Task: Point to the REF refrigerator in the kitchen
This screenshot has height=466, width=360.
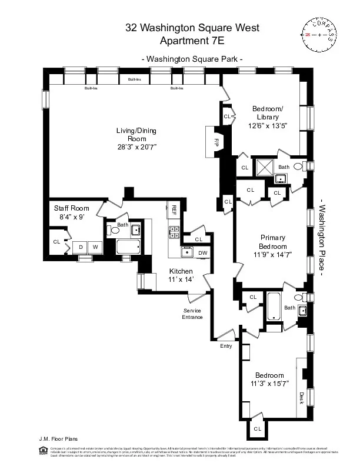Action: click(174, 209)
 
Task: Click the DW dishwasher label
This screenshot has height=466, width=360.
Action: click(202, 253)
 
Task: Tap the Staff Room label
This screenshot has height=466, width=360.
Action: click(71, 208)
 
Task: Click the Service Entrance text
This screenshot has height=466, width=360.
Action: click(192, 314)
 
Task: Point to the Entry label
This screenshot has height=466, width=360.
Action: click(226, 346)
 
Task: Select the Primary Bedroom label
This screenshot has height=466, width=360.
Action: click(273, 242)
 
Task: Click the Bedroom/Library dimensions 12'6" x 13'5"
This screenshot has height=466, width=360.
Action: click(268, 126)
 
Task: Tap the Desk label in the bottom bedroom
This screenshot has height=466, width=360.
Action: click(301, 398)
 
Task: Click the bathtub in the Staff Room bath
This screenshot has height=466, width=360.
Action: click(128, 247)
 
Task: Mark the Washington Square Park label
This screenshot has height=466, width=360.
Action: click(192, 59)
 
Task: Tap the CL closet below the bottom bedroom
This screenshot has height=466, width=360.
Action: click(257, 429)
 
